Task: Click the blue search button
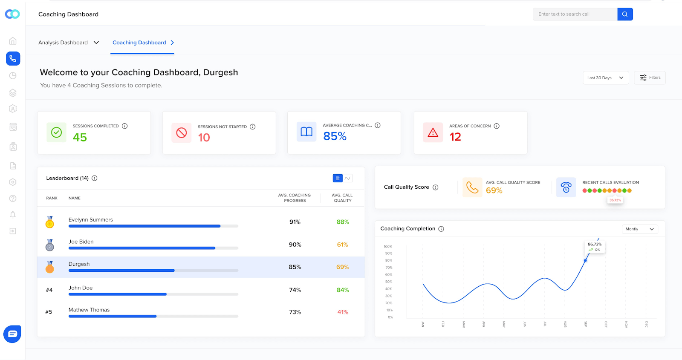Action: click(x=625, y=14)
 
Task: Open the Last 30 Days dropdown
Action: click(x=605, y=78)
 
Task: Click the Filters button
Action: click(x=650, y=78)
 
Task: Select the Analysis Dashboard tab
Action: click(x=68, y=43)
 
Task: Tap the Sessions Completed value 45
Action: click(x=80, y=137)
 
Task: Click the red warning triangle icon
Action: click(x=433, y=132)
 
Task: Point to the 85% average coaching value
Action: click(x=335, y=136)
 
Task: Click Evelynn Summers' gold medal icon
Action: click(x=50, y=222)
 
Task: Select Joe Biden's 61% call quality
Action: click(x=342, y=245)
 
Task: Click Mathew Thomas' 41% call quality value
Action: click(x=343, y=312)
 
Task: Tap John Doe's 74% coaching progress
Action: click(x=295, y=290)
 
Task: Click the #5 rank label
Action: click(x=49, y=312)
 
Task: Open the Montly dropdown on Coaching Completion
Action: click(x=639, y=229)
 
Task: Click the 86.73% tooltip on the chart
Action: click(x=595, y=247)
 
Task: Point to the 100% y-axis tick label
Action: click(x=388, y=247)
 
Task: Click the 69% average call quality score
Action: click(x=494, y=190)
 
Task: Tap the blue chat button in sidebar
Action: click(x=12, y=334)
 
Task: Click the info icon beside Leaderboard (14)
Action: click(x=95, y=178)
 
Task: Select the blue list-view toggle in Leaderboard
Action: click(x=338, y=178)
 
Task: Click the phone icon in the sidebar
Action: click(x=13, y=58)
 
